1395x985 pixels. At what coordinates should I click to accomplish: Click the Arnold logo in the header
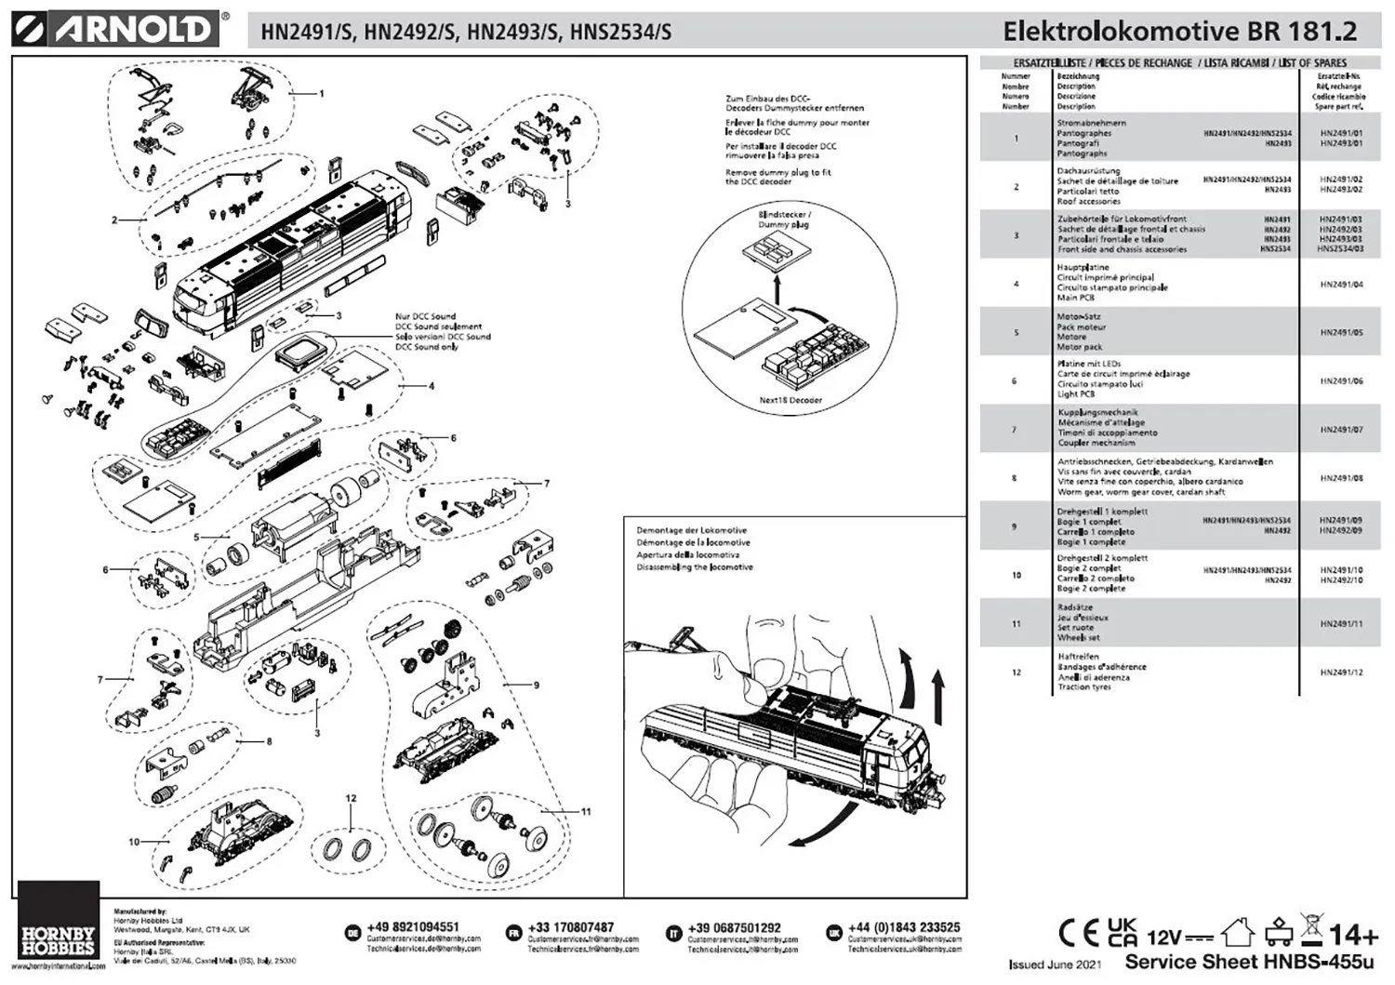[x=116, y=29]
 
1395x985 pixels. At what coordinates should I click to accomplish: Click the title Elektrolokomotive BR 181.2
[x=1179, y=31]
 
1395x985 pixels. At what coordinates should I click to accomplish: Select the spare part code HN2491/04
[x=1341, y=284]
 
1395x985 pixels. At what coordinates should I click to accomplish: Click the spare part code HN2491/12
[x=1341, y=672]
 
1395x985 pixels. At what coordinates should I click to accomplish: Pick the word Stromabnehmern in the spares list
[x=1091, y=123]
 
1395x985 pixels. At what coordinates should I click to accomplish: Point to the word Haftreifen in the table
[x=1078, y=656]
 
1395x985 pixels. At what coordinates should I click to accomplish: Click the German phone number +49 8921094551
[x=413, y=927]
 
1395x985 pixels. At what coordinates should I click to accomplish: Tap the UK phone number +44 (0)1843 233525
[x=904, y=927]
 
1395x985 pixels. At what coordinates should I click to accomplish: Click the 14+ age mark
[x=1353, y=934]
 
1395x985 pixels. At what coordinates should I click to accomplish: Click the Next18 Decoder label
[x=790, y=400]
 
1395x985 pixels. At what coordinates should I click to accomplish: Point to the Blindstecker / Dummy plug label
[x=784, y=220]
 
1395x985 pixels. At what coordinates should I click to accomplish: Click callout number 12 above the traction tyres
[x=351, y=798]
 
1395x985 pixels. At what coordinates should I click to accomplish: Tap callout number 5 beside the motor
[x=196, y=537]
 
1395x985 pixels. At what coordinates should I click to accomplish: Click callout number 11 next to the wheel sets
[x=586, y=812]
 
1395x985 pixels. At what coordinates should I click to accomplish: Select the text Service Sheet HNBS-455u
[x=1248, y=962]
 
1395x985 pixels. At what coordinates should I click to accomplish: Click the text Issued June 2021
[x=1055, y=965]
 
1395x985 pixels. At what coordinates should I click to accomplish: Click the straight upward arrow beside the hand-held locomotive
[x=937, y=692]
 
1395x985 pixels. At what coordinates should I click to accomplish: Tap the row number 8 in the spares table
[x=1015, y=478]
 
